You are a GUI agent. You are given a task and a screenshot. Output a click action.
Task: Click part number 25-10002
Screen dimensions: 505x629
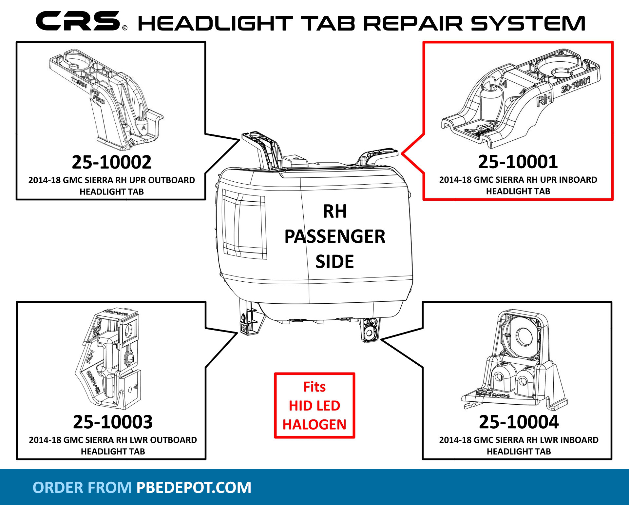point(111,162)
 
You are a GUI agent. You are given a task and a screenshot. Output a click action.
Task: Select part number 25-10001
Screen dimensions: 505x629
point(518,162)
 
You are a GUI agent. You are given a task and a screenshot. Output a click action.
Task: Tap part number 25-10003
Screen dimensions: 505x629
point(113,422)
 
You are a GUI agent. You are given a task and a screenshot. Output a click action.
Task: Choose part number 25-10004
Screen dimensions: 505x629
point(519,422)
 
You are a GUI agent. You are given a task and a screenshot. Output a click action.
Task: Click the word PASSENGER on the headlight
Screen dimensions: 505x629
point(335,236)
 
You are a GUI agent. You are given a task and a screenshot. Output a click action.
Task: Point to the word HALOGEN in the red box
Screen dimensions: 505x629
point(314,425)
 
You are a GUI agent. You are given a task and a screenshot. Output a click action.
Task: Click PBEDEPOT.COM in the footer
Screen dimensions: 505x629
point(194,488)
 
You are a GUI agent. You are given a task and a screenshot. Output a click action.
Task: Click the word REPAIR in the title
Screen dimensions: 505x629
point(413,24)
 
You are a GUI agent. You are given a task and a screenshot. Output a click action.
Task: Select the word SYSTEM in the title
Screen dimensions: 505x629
point(528,24)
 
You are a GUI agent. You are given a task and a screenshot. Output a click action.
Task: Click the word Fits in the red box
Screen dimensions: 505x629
point(314,387)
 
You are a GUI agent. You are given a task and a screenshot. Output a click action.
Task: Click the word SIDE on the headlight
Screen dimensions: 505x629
point(334,262)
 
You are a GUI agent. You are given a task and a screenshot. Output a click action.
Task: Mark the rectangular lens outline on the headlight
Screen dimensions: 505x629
point(244,224)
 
